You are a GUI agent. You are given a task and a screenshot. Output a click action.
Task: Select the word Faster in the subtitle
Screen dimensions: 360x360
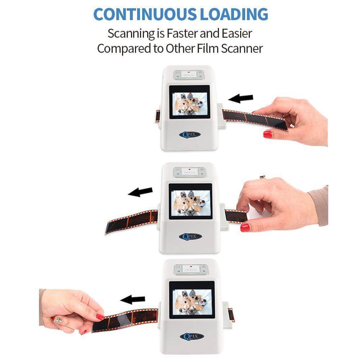[x=184, y=33]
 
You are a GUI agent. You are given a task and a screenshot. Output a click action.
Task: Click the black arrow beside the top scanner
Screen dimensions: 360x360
[x=241, y=98]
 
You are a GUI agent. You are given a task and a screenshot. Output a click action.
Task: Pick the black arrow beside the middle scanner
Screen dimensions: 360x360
[x=140, y=192]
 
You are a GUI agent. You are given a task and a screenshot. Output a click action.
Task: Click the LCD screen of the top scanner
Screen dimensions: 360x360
[x=189, y=101]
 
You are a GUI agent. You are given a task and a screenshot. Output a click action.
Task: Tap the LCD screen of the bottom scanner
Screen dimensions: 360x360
[x=192, y=300]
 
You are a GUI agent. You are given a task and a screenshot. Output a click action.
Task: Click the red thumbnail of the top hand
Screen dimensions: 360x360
[x=267, y=134]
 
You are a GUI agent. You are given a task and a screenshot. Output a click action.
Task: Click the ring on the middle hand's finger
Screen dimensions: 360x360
[x=262, y=177]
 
